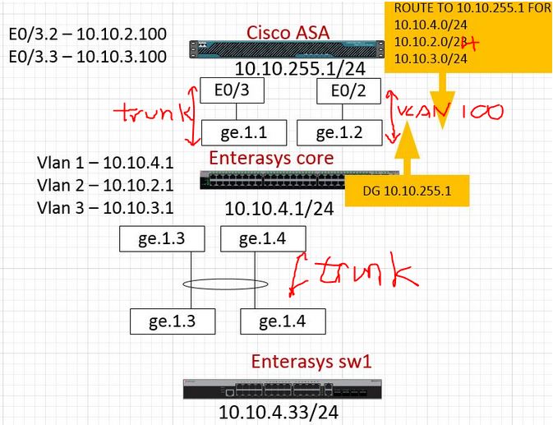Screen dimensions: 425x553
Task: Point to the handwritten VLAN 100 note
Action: coord(448,113)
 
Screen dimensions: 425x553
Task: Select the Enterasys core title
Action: coord(272,157)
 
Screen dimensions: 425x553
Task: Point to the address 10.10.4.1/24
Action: coord(279,209)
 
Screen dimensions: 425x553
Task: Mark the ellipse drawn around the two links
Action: coord(223,284)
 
